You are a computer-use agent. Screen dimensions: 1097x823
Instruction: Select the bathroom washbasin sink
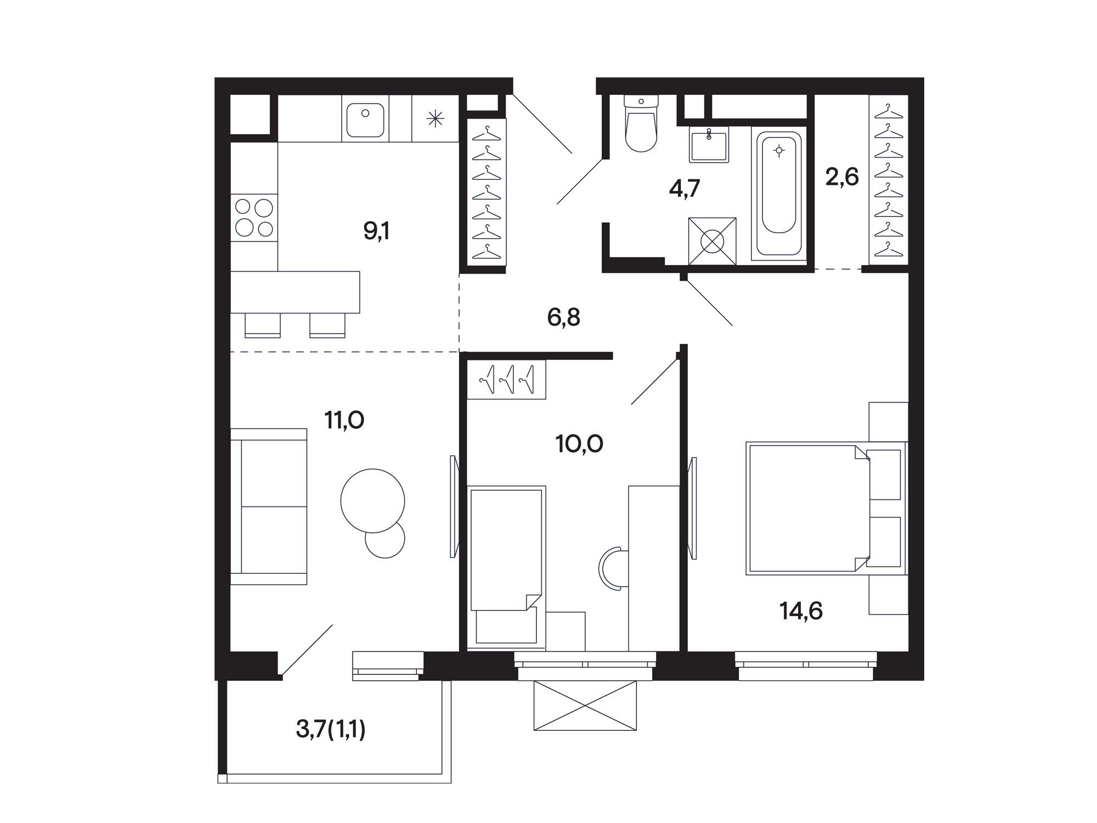coord(710,145)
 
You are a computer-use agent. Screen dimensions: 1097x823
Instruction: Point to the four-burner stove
coord(254,217)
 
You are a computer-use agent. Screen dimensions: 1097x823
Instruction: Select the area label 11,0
coord(344,421)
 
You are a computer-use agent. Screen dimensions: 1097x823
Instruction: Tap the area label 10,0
coord(579,443)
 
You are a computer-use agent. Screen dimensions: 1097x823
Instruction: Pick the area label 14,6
coord(801,610)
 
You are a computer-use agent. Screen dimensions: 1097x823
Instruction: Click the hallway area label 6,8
coord(563,317)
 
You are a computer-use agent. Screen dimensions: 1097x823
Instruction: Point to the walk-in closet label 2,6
coord(842,177)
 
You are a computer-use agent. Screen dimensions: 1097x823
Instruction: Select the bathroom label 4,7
coord(685,188)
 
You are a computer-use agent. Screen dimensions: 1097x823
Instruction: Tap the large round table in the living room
coord(373,500)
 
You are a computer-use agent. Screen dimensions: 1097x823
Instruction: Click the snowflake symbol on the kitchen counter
coord(435,119)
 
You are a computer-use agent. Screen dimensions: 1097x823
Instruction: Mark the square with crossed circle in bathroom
coord(712,241)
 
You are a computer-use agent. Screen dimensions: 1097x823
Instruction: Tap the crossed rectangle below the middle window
coord(585,705)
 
